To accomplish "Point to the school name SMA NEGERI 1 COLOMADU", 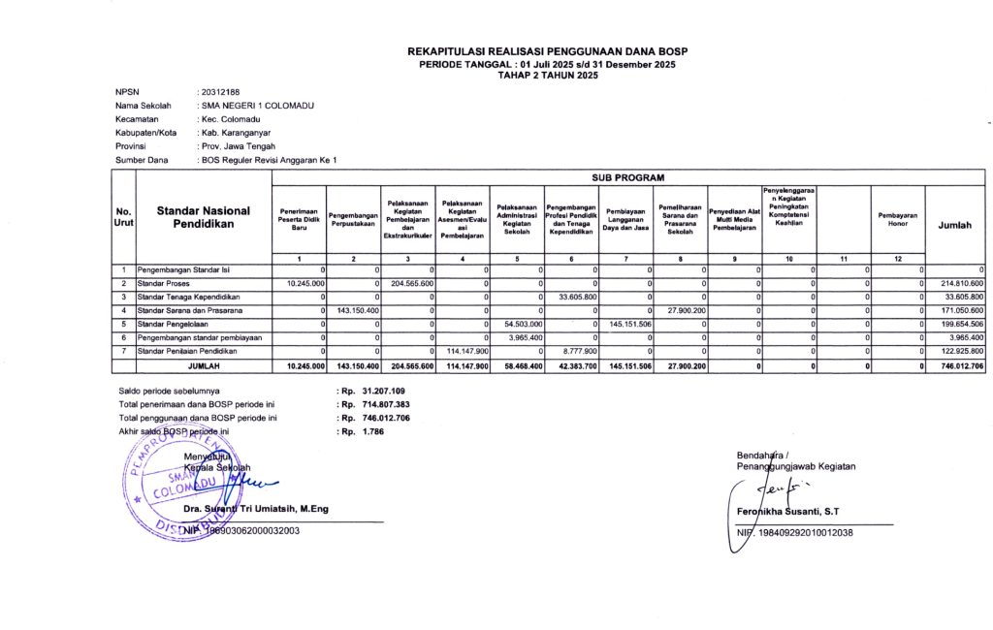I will pyautogui.click(x=257, y=105).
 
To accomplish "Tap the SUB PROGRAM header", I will pyautogui.click(x=627, y=179).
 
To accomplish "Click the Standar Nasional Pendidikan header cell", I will pyautogui.click(x=204, y=217).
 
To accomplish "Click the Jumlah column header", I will pyautogui.click(x=955, y=224).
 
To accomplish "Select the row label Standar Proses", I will pyautogui.click(x=164, y=282).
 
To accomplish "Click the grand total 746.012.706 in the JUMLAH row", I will pyautogui.click(x=955, y=366).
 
